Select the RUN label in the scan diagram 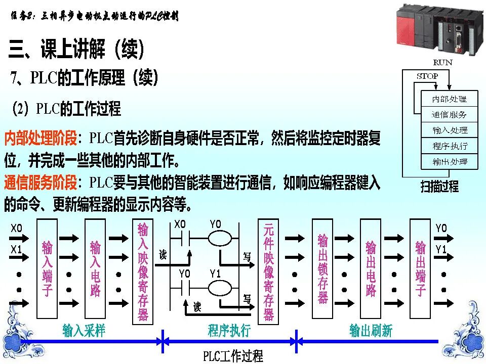pos(442,63)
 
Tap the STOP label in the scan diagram pos(427,76)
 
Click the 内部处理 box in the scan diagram pos(450,99)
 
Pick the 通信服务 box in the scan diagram pos(450,115)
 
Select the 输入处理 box pos(450,130)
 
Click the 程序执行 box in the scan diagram pos(450,146)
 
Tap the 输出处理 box pos(450,162)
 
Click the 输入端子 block pos(47,268)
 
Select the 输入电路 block pos(95,268)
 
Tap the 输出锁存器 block pos(322,268)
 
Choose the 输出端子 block pos(420,268)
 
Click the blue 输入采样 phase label pos(84,331)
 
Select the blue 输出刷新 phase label pos(371,331)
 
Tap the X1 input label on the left pos(17,249)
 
